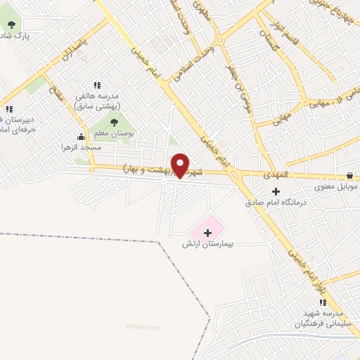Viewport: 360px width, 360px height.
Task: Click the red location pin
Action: point(180,165)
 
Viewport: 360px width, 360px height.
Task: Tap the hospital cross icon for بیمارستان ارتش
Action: point(207,232)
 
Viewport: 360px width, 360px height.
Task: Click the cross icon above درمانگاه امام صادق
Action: point(276,191)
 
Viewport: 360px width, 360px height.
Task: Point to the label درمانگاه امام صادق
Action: point(276,202)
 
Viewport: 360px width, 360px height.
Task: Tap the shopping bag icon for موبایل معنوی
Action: point(349,175)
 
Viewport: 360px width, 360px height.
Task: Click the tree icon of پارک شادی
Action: point(11,24)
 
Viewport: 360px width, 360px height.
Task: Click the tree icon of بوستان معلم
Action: point(114,122)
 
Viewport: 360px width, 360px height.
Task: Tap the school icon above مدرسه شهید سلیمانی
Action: point(323,302)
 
